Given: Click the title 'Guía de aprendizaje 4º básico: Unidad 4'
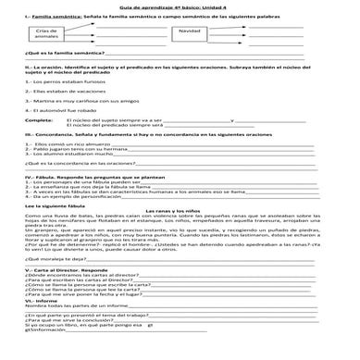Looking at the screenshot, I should (x=180, y=7).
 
